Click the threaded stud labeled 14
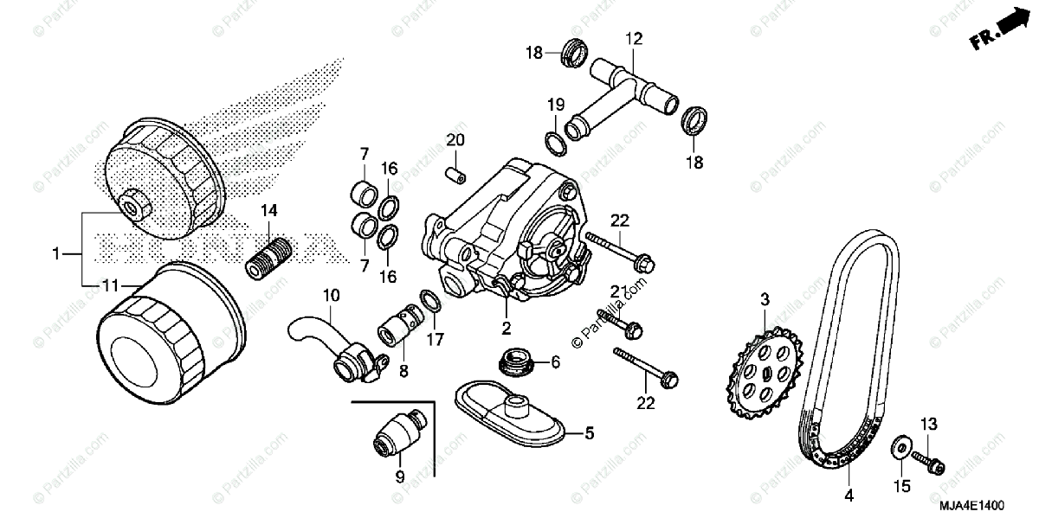271,254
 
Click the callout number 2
507,328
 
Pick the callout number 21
616,291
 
